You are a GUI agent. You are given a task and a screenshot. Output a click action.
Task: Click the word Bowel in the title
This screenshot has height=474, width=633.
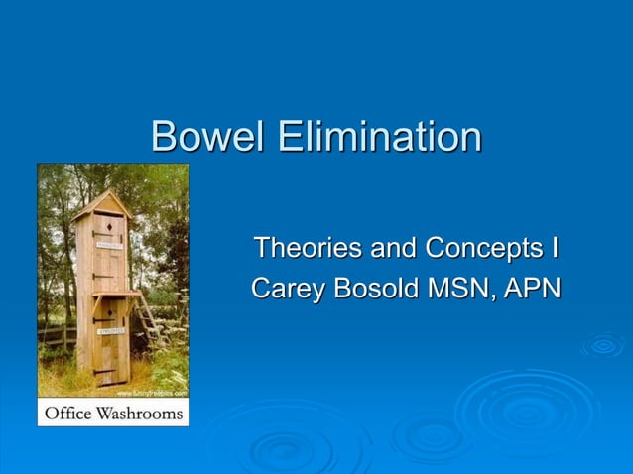coord(207,136)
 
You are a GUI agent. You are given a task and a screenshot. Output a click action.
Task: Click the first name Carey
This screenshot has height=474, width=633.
coord(286,289)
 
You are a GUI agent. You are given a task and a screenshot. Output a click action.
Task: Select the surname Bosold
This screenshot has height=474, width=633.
coord(371,289)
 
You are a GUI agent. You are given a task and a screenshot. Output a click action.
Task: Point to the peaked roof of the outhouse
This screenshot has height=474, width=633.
coord(102,204)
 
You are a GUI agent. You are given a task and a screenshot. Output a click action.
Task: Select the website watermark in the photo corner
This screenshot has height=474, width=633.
coord(154,393)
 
